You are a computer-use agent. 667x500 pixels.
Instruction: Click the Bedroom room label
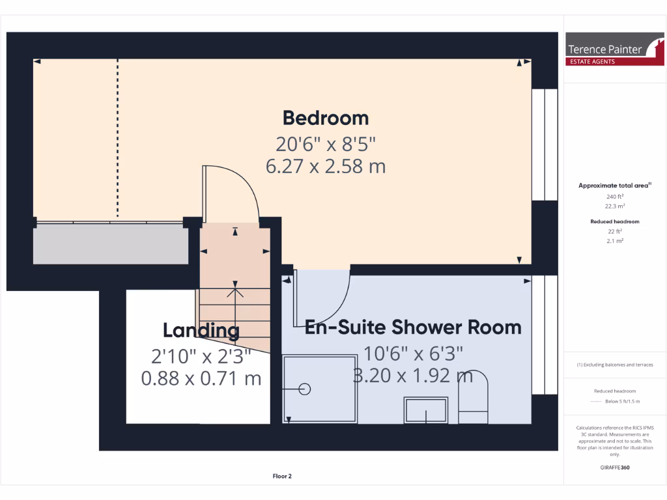point(325,118)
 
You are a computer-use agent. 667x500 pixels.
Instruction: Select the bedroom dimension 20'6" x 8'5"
point(325,143)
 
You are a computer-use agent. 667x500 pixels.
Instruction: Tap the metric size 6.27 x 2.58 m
point(325,166)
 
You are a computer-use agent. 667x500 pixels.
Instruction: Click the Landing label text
point(201,331)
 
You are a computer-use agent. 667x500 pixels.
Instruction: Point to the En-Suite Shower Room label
point(413,327)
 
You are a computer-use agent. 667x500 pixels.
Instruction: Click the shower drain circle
point(304,389)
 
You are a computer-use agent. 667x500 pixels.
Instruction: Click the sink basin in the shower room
point(426,411)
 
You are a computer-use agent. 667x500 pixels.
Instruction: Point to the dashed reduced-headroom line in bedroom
point(118,137)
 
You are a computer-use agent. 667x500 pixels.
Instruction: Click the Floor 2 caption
point(282,476)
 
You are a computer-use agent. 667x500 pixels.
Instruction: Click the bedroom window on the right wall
point(545,145)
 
